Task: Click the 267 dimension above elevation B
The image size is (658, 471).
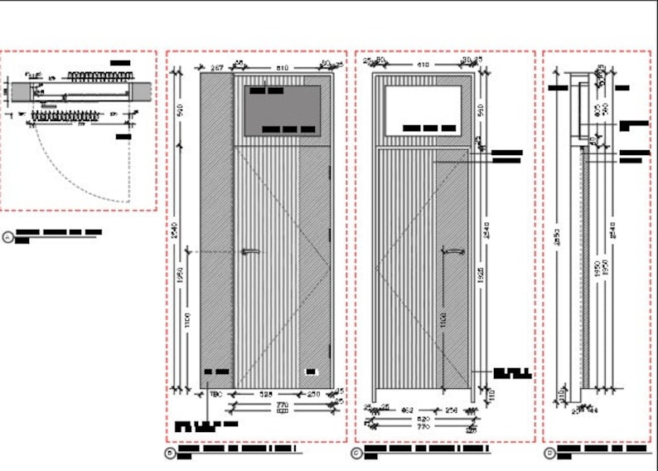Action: coord(217,66)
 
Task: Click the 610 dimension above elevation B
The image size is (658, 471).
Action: coord(282,66)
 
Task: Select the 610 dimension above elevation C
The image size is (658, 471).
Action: coord(423,65)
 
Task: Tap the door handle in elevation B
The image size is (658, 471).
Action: coord(250,251)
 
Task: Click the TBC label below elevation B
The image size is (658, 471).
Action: coord(218,394)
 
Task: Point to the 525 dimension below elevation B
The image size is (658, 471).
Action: coord(264,394)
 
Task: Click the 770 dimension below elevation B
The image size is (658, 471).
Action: coord(282,403)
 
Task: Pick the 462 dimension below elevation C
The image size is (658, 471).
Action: coord(407,409)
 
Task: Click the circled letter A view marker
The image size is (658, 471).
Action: coord(8,237)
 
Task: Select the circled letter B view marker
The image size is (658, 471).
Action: coord(170,453)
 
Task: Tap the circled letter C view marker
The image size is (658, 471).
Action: coord(356,453)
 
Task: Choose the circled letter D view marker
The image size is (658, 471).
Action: coord(549,453)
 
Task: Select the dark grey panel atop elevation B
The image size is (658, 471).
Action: coord(283,109)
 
